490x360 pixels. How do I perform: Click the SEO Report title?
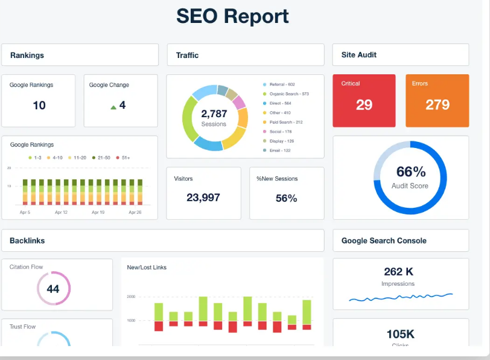click(232, 16)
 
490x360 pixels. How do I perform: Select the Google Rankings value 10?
click(39, 106)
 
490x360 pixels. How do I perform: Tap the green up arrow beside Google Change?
click(113, 107)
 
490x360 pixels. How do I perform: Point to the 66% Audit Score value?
click(410, 172)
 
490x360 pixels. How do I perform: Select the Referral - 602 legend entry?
click(282, 85)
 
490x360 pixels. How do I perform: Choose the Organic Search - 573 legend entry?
click(288, 94)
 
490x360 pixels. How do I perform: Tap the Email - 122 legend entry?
click(279, 150)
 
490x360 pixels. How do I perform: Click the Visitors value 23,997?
click(203, 198)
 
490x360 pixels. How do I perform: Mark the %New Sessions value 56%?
click(286, 198)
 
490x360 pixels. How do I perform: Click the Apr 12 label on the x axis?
click(62, 213)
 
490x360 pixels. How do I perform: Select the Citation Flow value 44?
click(53, 289)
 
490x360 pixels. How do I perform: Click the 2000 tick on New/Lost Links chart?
click(131, 297)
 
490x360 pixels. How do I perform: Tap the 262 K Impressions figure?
click(398, 272)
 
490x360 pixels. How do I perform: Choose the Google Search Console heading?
click(384, 240)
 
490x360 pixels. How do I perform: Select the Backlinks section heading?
click(27, 240)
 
